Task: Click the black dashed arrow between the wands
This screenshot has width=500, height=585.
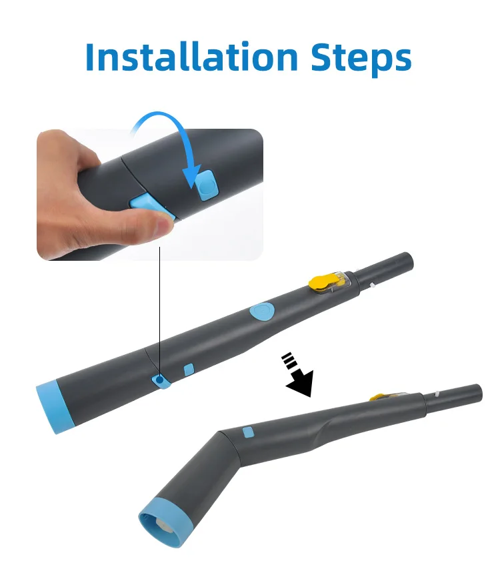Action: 297,376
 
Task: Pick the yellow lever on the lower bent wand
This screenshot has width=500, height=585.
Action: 379,398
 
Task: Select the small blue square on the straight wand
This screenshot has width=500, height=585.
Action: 189,369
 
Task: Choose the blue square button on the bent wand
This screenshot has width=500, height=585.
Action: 248,432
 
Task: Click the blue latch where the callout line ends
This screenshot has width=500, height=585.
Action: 161,380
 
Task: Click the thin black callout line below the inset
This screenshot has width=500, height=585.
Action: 160,307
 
